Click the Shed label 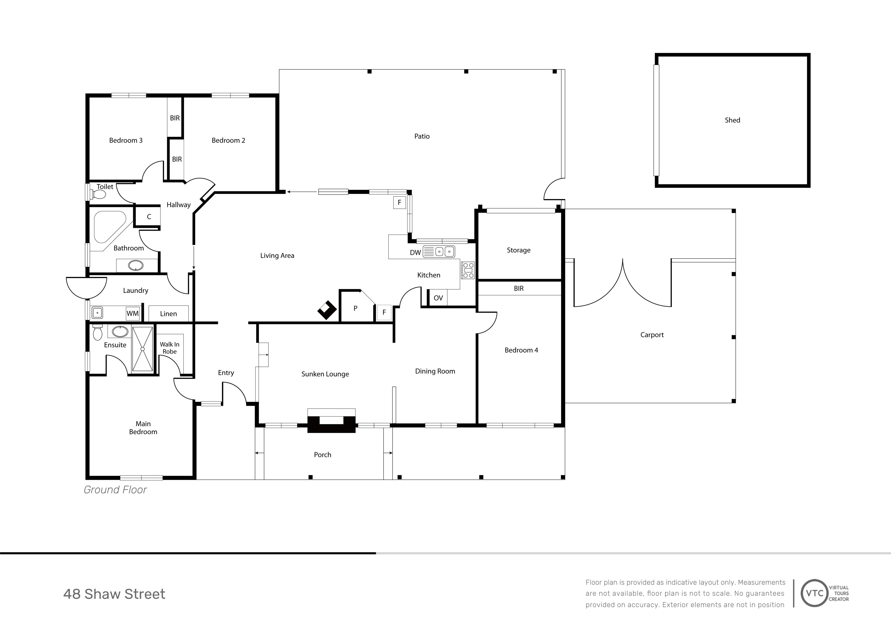tap(732, 120)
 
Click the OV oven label tap(438, 298)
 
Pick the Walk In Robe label tap(170, 348)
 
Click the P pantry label tap(355, 309)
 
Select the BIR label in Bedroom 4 tap(519, 288)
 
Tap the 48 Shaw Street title tap(114, 594)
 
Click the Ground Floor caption tap(115, 490)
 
